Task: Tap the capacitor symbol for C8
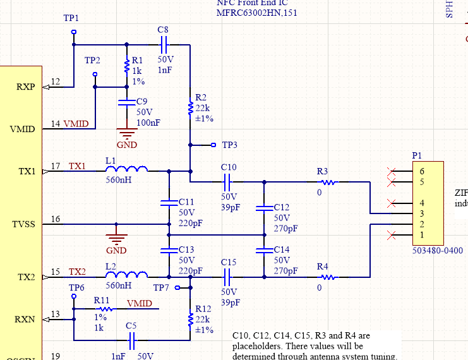point(164,44)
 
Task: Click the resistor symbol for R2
point(190,109)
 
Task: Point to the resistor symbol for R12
point(190,320)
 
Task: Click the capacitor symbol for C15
point(228,276)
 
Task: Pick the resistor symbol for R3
point(330,182)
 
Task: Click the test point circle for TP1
point(74,32)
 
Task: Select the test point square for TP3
point(213,145)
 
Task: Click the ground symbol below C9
point(128,133)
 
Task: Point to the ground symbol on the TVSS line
point(116,238)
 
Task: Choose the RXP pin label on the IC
point(25,87)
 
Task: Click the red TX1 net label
point(77,165)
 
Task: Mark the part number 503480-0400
point(436,251)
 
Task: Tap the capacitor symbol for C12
point(264,207)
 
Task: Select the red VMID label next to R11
point(139,304)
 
